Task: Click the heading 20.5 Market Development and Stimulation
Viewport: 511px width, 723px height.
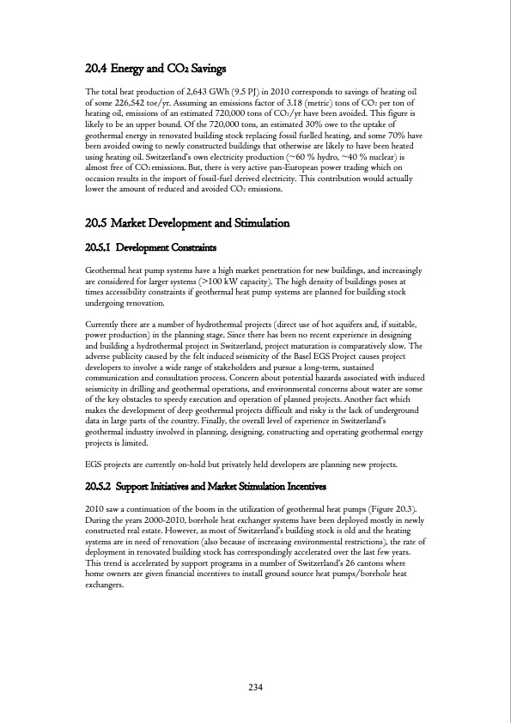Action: click(x=187, y=223)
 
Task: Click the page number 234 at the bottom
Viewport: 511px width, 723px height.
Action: click(x=255, y=687)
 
